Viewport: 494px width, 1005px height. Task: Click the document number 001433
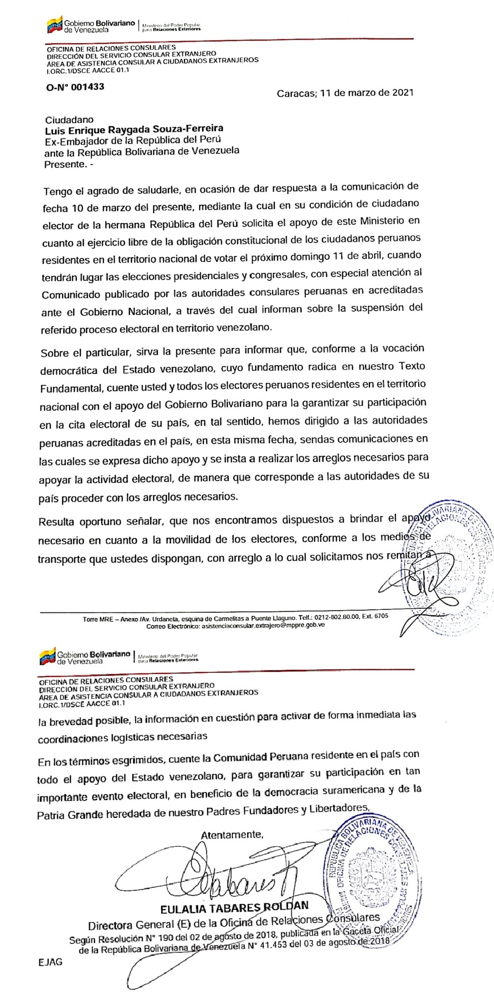(x=87, y=87)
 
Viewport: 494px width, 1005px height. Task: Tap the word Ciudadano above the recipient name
(x=69, y=120)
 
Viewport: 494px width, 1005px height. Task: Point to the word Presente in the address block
(x=65, y=164)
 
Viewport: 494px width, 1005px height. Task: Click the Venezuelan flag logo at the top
(x=54, y=25)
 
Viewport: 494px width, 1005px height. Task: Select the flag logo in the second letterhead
(x=47, y=657)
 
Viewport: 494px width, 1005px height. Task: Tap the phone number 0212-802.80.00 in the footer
(x=331, y=616)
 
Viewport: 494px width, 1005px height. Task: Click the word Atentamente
(x=232, y=835)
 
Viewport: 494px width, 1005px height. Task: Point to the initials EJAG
(x=50, y=962)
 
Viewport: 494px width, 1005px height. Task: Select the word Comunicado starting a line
(x=70, y=294)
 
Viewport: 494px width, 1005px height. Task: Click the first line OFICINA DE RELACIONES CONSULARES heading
(x=111, y=48)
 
